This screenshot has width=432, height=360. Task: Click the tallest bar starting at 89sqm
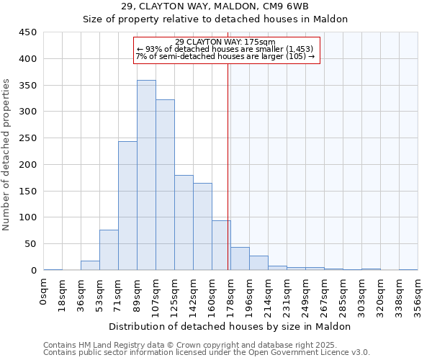pos(146,175)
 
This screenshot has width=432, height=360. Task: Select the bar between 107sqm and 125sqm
pos(165,185)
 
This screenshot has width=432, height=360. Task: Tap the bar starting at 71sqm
pos(127,206)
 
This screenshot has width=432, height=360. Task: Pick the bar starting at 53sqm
pos(109,250)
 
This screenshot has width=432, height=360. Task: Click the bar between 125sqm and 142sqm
pos(184,222)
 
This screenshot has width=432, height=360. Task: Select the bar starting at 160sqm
pos(221,246)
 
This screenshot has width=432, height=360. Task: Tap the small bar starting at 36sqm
pos(90,266)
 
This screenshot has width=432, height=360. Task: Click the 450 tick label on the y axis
pos(28,32)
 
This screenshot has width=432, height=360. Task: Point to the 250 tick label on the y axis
pos(28,138)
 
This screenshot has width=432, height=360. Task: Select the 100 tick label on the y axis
pos(28,217)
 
